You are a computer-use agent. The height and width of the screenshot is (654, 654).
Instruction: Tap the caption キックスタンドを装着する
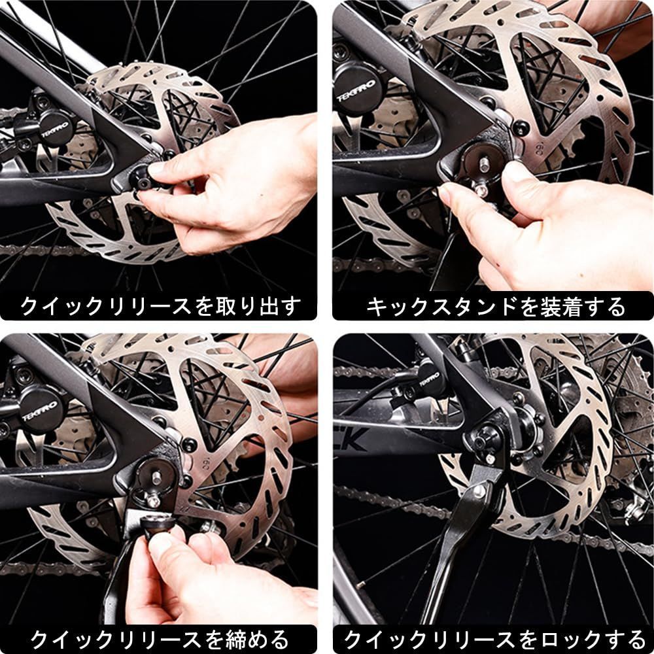point(495,307)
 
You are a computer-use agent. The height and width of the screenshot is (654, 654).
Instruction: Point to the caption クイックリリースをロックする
point(494,639)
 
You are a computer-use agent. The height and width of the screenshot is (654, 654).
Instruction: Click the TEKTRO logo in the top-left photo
point(55,129)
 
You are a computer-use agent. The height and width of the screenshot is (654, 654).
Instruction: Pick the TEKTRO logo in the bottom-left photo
point(40,412)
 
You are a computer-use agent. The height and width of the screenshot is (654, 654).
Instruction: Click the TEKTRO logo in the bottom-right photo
point(430,379)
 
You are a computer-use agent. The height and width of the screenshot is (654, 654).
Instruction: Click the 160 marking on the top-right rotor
point(538,148)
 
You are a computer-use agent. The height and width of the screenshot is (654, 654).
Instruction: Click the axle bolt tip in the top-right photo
point(484,164)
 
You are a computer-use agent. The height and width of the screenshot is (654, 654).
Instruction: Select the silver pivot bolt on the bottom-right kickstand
point(479,491)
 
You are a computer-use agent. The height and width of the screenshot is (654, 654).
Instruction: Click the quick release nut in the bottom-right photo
point(487,438)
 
